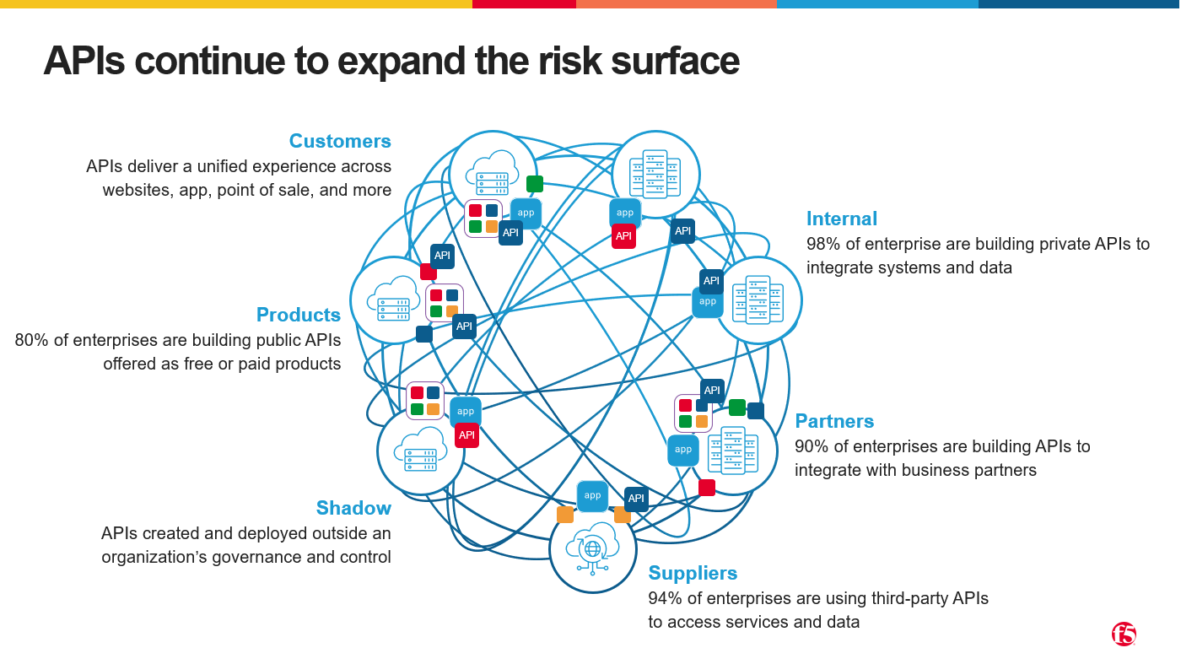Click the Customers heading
(x=340, y=141)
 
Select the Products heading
(x=298, y=315)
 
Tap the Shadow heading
(x=353, y=508)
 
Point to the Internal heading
(x=842, y=219)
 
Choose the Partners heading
(x=834, y=421)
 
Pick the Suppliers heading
(x=693, y=573)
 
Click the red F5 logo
(x=1124, y=634)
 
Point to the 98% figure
(x=823, y=245)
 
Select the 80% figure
(x=32, y=341)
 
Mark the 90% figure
(x=812, y=446)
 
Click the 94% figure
(x=665, y=599)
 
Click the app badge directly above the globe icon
(x=592, y=496)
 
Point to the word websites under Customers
(x=137, y=191)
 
